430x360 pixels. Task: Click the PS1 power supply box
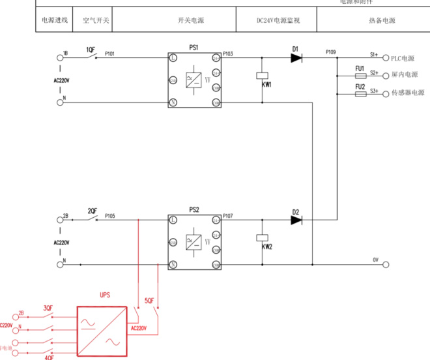(195, 80)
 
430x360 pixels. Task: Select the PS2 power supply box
(195, 242)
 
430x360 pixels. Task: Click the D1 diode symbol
(296, 58)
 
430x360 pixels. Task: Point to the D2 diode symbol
(296, 220)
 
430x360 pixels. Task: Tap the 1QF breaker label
(92, 50)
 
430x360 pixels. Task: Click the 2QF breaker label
(93, 211)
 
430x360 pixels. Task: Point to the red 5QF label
(149, 301)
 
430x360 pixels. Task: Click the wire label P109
(331, 52)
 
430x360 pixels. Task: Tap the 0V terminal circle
(386, 265)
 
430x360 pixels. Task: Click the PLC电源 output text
(403, 58)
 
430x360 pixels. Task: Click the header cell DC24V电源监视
(278, 21)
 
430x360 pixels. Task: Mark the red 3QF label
(48, 308)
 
